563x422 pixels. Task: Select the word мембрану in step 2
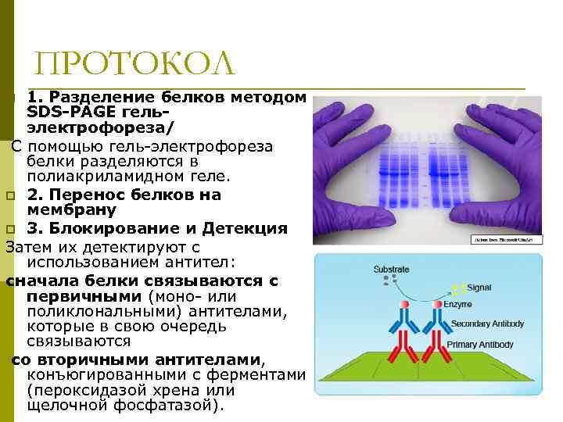click(72, 210)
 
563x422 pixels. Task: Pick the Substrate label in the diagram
click(391, 270)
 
